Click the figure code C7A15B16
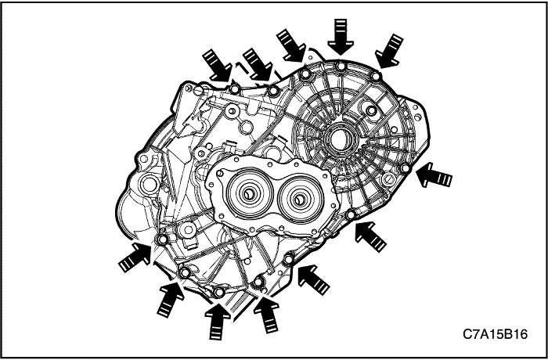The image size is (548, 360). click(x=495, y=333)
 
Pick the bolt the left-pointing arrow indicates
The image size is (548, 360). click(x=405, y=169)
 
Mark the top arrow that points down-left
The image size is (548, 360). click(x=389, y=50)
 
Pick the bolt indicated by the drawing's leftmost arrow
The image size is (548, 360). click(x=163, y=239)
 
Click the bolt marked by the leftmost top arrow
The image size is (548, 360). click(x=236, y=85)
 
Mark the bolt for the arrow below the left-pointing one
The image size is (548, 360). click(x=352, y=215)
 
